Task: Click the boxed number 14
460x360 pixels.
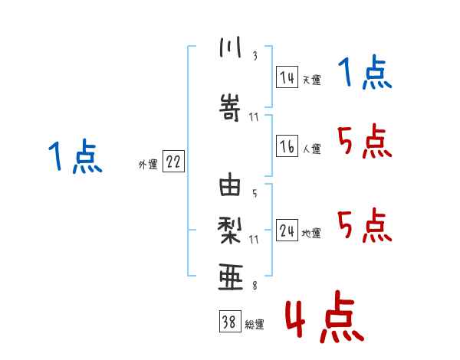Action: click(x=287, y=77)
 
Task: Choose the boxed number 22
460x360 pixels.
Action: click(x=173, y=162)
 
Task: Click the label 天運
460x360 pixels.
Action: click(x=311, y=79)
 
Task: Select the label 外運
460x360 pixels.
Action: click(x=148, y=164)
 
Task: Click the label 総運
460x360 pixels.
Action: click(x=255, y=325)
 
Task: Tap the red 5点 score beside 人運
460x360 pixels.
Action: click(x=363, y=141)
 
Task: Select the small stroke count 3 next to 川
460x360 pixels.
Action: click(x=255, y=55)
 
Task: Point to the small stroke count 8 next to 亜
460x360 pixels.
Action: click(x=255, y=286)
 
